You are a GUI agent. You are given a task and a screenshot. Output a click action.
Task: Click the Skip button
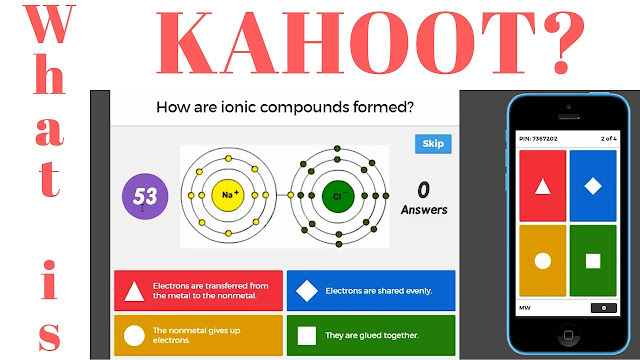(x=433, y=144)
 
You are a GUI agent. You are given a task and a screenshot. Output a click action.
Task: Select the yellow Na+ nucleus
(x=229, y=194)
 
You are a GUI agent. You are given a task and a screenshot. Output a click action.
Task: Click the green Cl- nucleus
(x=339, y=194)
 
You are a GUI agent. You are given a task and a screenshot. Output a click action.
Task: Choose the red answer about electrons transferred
(x=198, y=290)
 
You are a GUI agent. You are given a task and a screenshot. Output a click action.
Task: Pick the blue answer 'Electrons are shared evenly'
(x=371, y=290)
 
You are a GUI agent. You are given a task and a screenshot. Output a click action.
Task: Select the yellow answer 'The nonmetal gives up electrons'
(x=198, y=335)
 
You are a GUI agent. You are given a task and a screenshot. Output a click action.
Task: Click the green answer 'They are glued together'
(x=371, y=335)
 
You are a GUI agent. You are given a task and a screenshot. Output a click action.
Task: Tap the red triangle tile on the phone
(x=542, y=186)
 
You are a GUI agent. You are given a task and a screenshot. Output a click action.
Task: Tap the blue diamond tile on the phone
(x=592, y=186)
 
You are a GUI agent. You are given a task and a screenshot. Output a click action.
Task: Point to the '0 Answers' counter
(x=424, y=197)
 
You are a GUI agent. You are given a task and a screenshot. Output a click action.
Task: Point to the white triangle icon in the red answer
(x=134, y=292)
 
